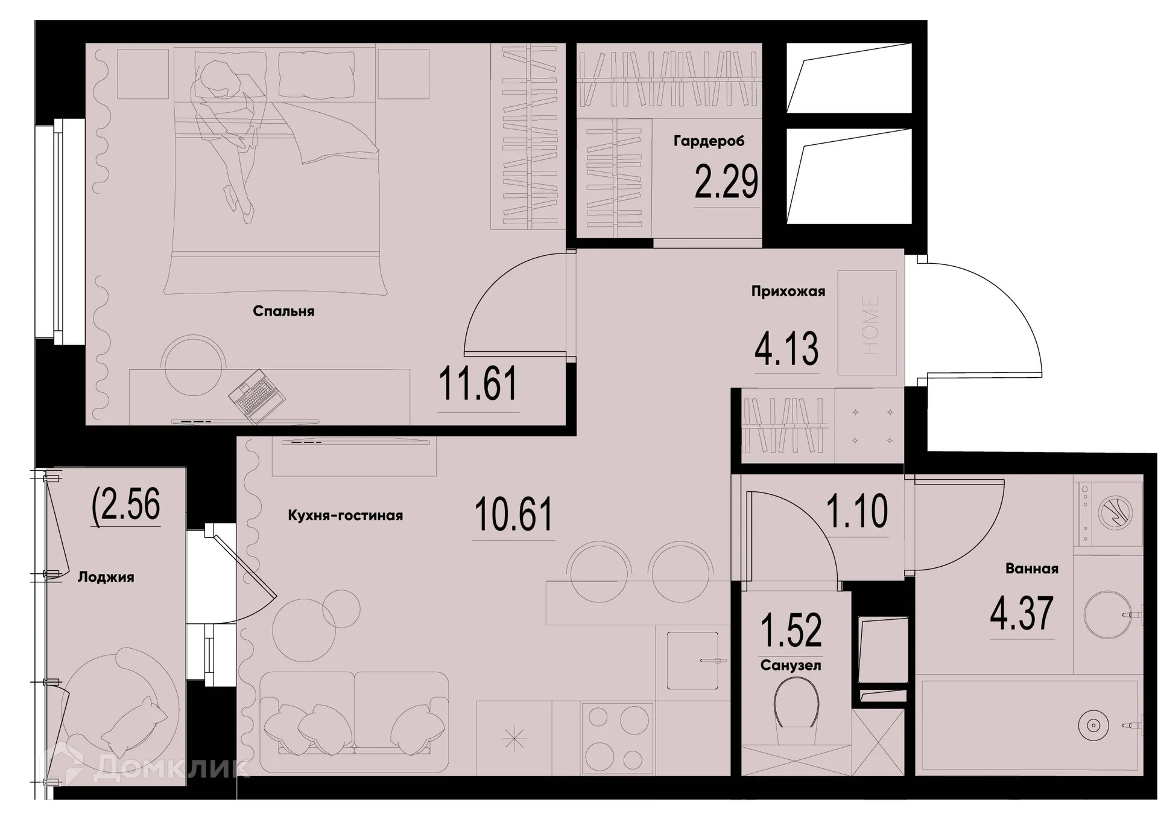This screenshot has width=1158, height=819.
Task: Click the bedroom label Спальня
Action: coord(283,311)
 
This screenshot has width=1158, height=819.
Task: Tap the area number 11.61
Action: coord(478,384)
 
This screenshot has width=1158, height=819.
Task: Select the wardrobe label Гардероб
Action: coord(709,141)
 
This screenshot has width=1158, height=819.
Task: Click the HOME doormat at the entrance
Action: coord(867,323)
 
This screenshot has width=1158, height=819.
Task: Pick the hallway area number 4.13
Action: coord(786,348)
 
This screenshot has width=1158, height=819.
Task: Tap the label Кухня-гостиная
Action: coord(345,516)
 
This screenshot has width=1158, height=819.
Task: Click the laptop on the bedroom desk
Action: coord(256,394)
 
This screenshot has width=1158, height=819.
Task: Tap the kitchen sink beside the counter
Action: coord(692,660)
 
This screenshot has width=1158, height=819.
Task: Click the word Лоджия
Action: coord(106,578)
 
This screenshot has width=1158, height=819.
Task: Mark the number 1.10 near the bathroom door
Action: coord(856,511)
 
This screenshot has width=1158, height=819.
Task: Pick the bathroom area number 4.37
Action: coord(1022,613)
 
